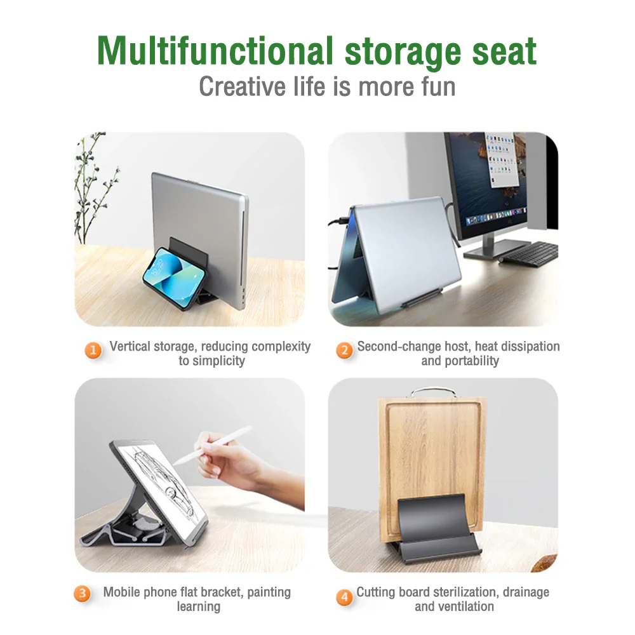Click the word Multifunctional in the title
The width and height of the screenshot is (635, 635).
coord(215,51)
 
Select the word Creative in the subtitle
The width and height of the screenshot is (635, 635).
coord(242,86)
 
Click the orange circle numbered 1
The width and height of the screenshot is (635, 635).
coord(93,350)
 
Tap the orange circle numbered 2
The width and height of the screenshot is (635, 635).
coord(345,350)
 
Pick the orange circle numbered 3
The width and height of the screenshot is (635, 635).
coord(82,593)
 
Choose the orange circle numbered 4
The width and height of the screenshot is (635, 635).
coord(344,597)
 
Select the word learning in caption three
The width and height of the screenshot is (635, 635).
coord(198,606)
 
